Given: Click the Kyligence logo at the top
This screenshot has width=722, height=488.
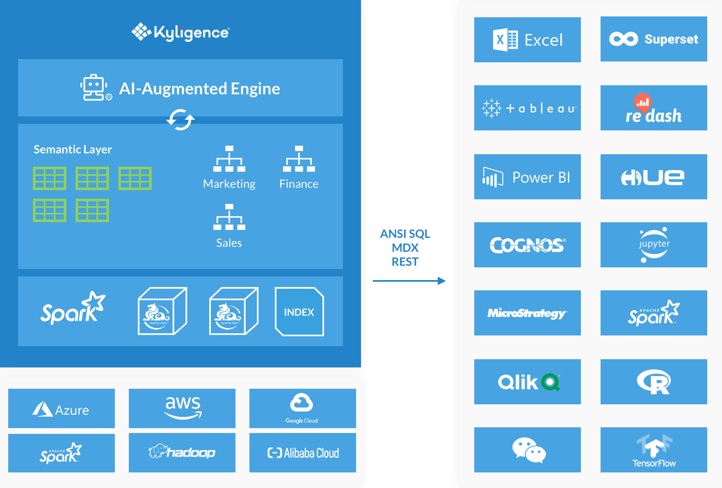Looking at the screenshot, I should (180, 32).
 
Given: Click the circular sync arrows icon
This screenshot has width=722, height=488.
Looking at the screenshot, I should (180, 120).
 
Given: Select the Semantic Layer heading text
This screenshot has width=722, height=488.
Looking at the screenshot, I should (73, 149).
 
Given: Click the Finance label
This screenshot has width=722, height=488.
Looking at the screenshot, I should (299, 184).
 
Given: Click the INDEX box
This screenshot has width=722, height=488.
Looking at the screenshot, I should (299, 312).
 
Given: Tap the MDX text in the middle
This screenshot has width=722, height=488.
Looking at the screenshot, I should (405, 248).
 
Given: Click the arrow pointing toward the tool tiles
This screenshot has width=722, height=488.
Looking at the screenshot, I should (410, 281).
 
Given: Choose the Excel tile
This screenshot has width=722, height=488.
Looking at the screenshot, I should (527, 40).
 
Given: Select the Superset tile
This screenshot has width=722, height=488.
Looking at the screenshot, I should (653, 39).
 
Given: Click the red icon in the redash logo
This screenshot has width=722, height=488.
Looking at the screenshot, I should (643, 101).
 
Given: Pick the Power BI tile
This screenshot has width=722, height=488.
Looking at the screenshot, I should (527, 177).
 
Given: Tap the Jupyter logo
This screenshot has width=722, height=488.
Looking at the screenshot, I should (653, 245).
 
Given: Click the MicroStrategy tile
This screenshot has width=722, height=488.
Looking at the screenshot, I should (527, 313).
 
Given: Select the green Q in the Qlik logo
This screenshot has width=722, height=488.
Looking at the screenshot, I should (551, 382).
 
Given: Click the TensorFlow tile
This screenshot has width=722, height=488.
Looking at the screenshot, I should (653, 450).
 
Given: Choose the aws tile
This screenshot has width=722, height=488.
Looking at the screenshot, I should (182, 408).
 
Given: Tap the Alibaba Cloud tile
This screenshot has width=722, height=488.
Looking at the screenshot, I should (303, 453).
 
